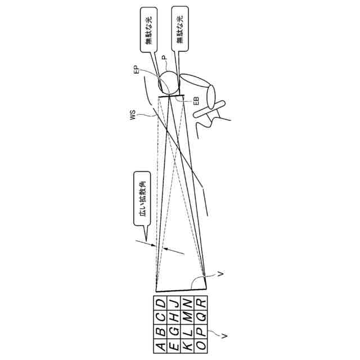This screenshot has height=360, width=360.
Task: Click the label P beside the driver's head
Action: tap(164, 58)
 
